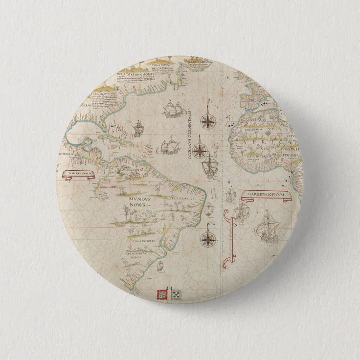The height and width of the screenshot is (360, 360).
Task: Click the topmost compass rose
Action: [207, 120]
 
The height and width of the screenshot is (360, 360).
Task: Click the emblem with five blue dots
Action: [176, 294]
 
